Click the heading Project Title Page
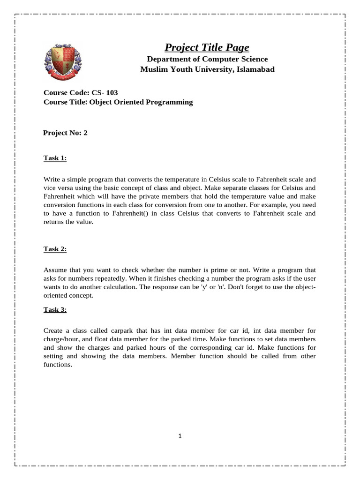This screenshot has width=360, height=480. click(x=207, y=47)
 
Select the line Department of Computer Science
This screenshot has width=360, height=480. click(x=207, y=59)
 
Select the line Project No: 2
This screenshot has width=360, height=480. click(x=65, y=133)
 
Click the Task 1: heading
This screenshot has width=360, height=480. click(x=55, y=158)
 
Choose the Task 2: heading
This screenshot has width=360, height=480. click(x=55, y=249)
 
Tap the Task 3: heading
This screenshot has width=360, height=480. click(x=55, y=309)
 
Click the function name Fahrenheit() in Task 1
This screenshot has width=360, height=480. click(x=135, y=213)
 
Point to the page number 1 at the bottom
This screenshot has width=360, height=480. click(x=180, y=436)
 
